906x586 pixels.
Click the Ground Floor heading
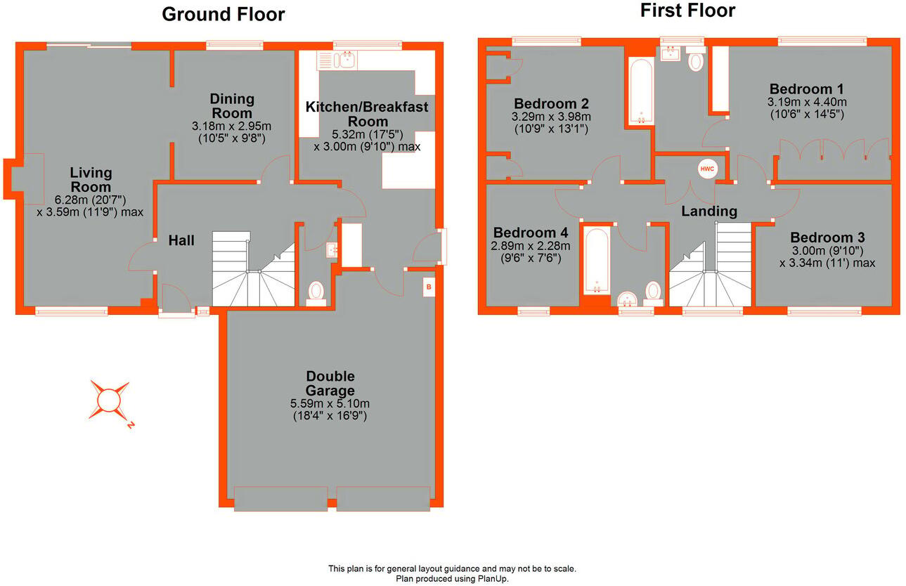[x=223, y=14]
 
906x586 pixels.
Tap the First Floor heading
[x=687, y=11]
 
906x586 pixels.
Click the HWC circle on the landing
[x=706, y=169]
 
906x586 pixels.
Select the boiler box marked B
[x=428, y=287]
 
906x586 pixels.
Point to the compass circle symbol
[x=109, y=400]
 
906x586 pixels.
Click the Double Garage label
[x=330, y=384]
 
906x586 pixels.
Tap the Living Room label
[x=91, y=180]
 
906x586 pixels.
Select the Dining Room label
[x=232, y=106]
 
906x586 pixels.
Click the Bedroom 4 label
[x=531, y=233]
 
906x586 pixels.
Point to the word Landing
[x=709, y=211]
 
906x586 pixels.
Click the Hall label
[x=181, y=240]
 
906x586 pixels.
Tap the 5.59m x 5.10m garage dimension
[x=330, y=403]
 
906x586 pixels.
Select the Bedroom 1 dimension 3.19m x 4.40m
[x=806, y=102]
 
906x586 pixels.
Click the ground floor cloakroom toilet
[x=316, y=292]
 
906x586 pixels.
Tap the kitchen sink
[x=344, y=60]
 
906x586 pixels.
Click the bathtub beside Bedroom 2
[x=640, y=91]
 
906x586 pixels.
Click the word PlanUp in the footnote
[x=491, y=579]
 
